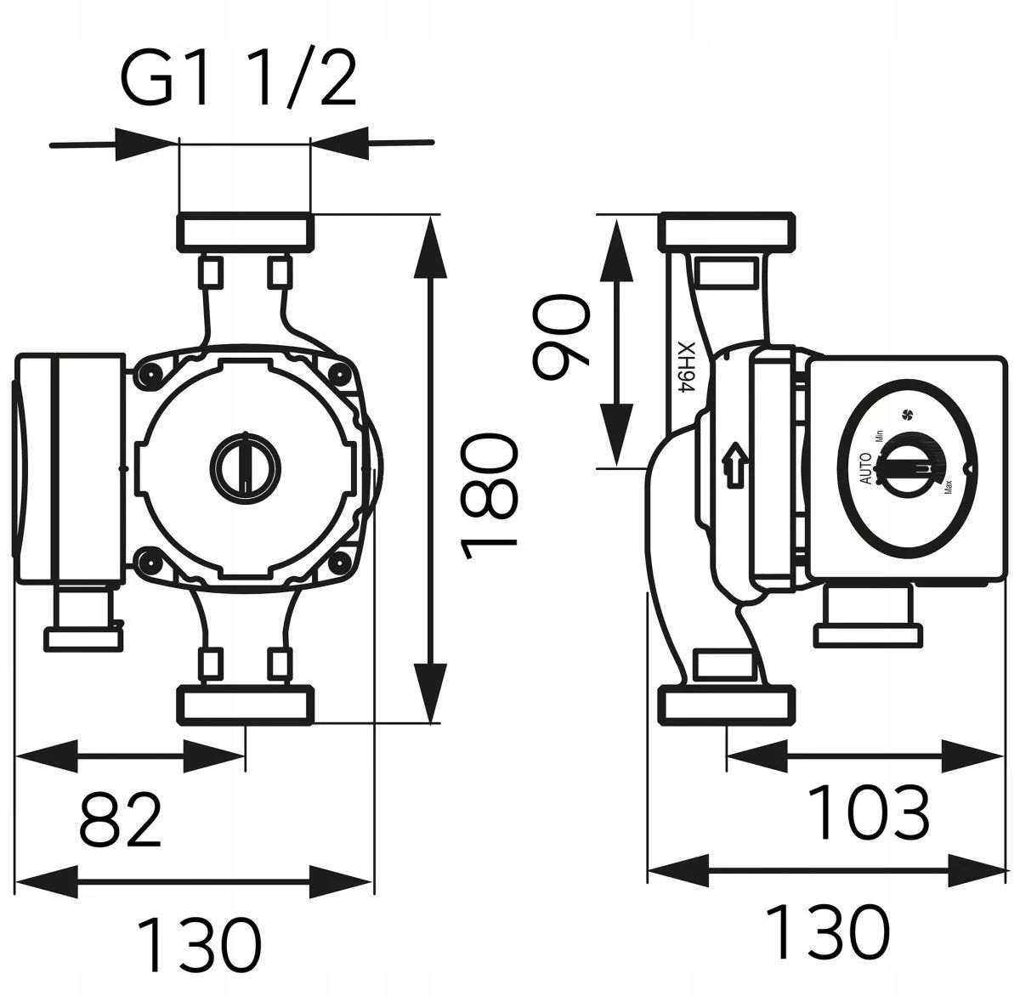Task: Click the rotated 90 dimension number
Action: pyautogui.click(x=561, y=336)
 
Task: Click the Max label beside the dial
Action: pyautogui.click(x=947, y=487)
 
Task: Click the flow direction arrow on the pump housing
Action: pyautogui.click(x=735, y=465)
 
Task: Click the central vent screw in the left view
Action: pyautogui.click(x=246, y=468)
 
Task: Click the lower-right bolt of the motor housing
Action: pyautogui.click(x=340, y=563)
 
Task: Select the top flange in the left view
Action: pyautogui.click(x=246, y=230)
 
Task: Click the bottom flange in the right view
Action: pyautogui.click(x=728, y=705)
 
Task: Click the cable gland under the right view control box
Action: pyautogui.click(x=869, y=617)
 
